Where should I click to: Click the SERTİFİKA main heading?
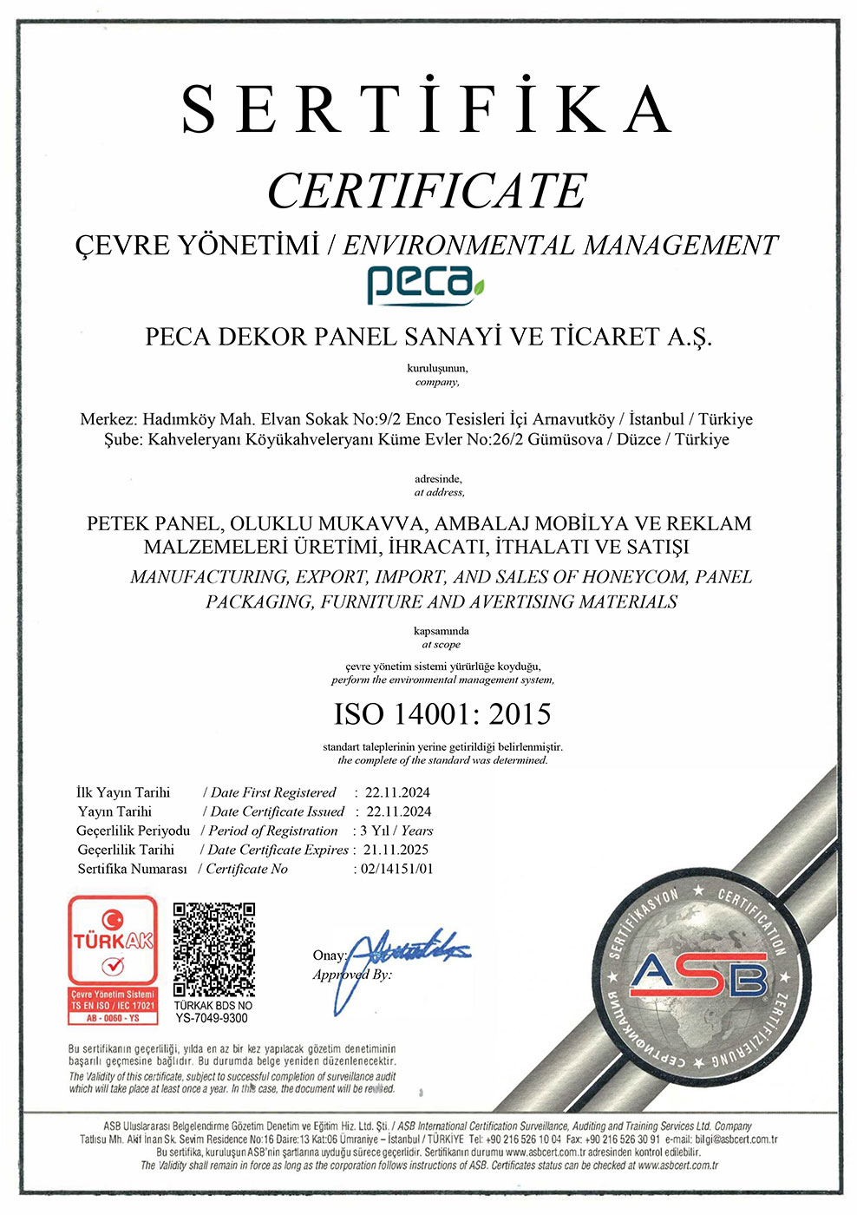tap(427, 109)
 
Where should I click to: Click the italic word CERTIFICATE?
tap(427, 191)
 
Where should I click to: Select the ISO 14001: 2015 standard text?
tap(442, 714)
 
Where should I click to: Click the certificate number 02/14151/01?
tap(397, 869)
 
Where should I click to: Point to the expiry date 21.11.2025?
tap(396, 850)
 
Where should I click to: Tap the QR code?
tap(213, 949)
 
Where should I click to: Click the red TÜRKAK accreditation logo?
tap(113, 959)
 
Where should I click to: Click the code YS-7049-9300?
tap(212, 1018)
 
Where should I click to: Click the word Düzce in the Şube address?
tap(638, 439)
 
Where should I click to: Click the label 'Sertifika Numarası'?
tap(132, 869)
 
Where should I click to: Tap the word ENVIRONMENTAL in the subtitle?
tap(459, 246)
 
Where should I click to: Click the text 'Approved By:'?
tap(352, 975)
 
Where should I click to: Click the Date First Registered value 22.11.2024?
tap(397, 792)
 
